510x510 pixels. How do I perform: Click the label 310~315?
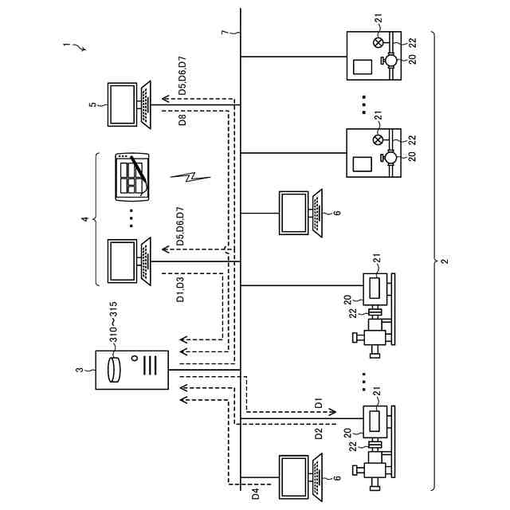point(113,322)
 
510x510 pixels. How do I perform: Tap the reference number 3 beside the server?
point(79,370)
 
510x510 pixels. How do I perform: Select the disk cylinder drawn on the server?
point(114,370)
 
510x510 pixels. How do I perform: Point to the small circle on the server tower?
point(135,359)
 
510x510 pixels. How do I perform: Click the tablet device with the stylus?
point(132,177)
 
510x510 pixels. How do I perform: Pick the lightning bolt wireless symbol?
point(190,177)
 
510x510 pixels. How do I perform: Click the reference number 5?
point(93,104)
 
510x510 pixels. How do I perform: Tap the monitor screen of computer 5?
point(122,104)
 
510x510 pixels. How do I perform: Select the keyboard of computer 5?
point(146,104)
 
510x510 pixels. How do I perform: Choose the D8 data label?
point(182,120)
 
